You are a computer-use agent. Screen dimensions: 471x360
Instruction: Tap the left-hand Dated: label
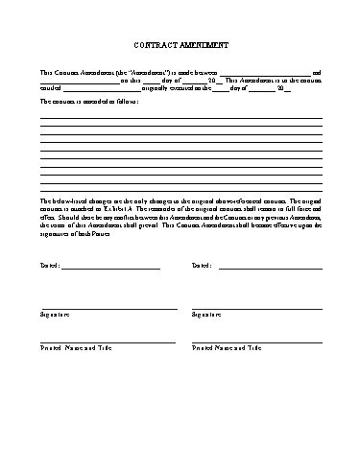49,265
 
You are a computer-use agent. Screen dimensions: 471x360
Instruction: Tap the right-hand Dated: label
201,265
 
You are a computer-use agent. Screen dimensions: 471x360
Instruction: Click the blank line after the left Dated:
110,268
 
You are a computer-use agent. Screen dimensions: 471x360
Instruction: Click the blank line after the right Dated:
269,268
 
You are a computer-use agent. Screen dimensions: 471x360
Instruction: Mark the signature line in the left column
108,309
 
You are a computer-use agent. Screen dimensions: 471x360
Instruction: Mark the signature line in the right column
256,309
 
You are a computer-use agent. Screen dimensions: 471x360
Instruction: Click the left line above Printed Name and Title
108,342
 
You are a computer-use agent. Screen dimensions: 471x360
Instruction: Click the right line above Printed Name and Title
256,342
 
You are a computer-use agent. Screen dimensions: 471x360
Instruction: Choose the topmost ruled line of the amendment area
180,117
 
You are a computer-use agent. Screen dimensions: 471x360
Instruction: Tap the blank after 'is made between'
264,74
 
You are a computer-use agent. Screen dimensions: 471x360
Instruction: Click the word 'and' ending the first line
318,72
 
